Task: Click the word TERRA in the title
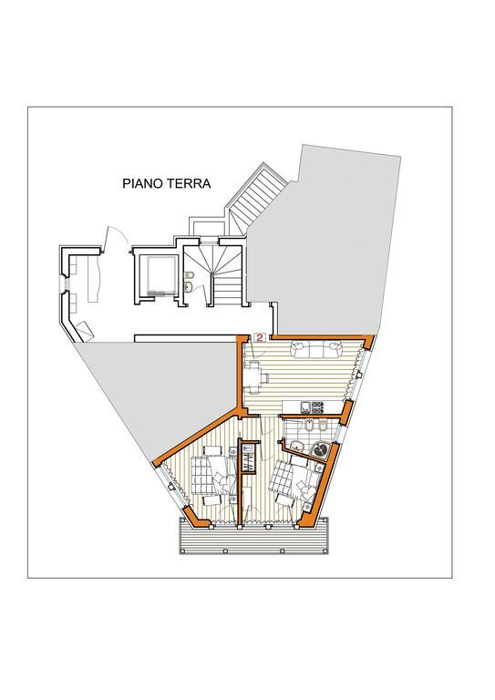pos(188,183)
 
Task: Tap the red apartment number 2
pos(259,337)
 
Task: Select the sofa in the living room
pos(316,349)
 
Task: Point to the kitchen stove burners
pos(317,407)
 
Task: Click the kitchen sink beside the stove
pos(305,407)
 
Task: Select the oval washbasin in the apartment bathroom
pos(296,446)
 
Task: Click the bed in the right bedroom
pos(294,481)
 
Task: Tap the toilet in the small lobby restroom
pos(189,274)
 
